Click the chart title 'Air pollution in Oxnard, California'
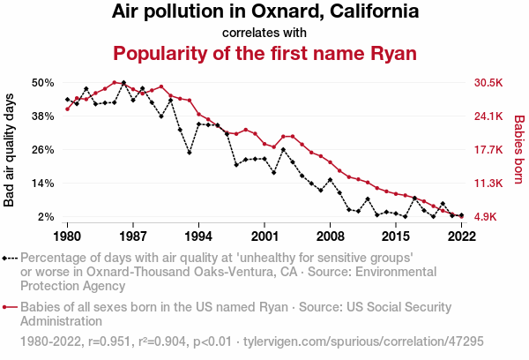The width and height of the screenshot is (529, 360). coord(264,13)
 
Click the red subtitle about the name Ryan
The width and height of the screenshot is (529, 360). coord(264,54)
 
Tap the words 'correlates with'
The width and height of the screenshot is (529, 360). coord(264,33)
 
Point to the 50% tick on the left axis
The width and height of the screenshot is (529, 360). coord(43,83)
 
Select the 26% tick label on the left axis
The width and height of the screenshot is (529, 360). coord(43,150)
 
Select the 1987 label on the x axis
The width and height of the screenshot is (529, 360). coord(133,236)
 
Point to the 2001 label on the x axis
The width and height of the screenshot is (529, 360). coord(264,236)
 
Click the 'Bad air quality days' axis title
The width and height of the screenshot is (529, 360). coord(10,150)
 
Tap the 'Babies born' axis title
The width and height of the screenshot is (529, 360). coord(518,150)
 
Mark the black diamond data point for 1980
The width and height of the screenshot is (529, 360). coord(68,100)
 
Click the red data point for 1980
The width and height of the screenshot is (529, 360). coord(68,109)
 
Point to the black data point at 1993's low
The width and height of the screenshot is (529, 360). coord(190,153)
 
